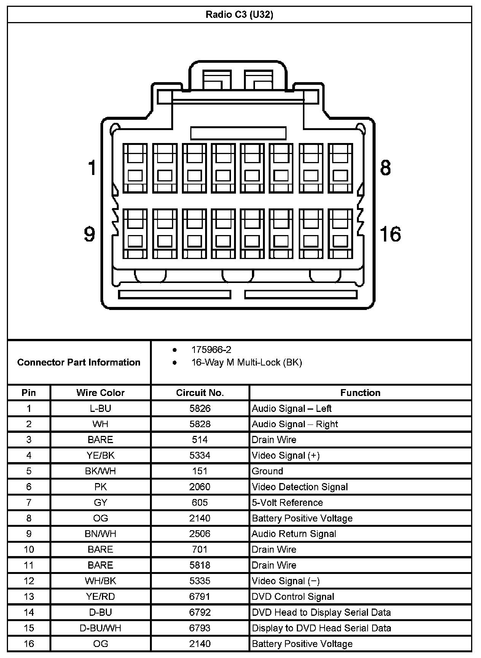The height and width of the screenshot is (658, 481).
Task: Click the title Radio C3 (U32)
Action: click(x=239, y=14)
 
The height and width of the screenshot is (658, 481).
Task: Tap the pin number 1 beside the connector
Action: click(x=92, y=168)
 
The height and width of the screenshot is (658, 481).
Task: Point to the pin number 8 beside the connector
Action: click(x=385, y=168)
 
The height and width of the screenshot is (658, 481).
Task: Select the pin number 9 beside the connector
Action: click(x=89, y=234)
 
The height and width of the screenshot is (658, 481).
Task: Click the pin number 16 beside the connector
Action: click(x=390, y=234)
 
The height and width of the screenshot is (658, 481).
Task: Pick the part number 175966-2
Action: click(x=211, y=350)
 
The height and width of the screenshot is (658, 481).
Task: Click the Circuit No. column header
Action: click(x=200, y=393)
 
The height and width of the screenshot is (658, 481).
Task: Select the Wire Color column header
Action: click(x=100, y=393)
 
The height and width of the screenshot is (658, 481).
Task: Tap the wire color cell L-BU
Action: click(x=100, y=408)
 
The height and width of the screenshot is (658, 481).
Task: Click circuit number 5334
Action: click(x=200, y=455)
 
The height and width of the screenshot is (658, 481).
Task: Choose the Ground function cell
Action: click(x=268, y=471)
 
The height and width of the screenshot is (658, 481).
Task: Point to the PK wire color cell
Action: click(x=100, y=487)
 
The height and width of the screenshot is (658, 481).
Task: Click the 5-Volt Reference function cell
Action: click(x=287, y=502)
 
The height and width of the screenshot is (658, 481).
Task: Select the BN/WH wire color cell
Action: click(x=100, y=534)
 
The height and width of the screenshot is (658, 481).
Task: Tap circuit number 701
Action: click(x=200, y=550)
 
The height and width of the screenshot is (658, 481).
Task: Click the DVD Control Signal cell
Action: click(x=293, y=597)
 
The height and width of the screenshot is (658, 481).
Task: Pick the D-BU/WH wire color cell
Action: click(x=100, y=628)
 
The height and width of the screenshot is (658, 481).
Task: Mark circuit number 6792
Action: click(x=200, y=612)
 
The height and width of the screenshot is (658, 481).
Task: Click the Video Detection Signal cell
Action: click(x=300, y=487)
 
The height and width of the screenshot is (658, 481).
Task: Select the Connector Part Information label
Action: click(x=79, y=362)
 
